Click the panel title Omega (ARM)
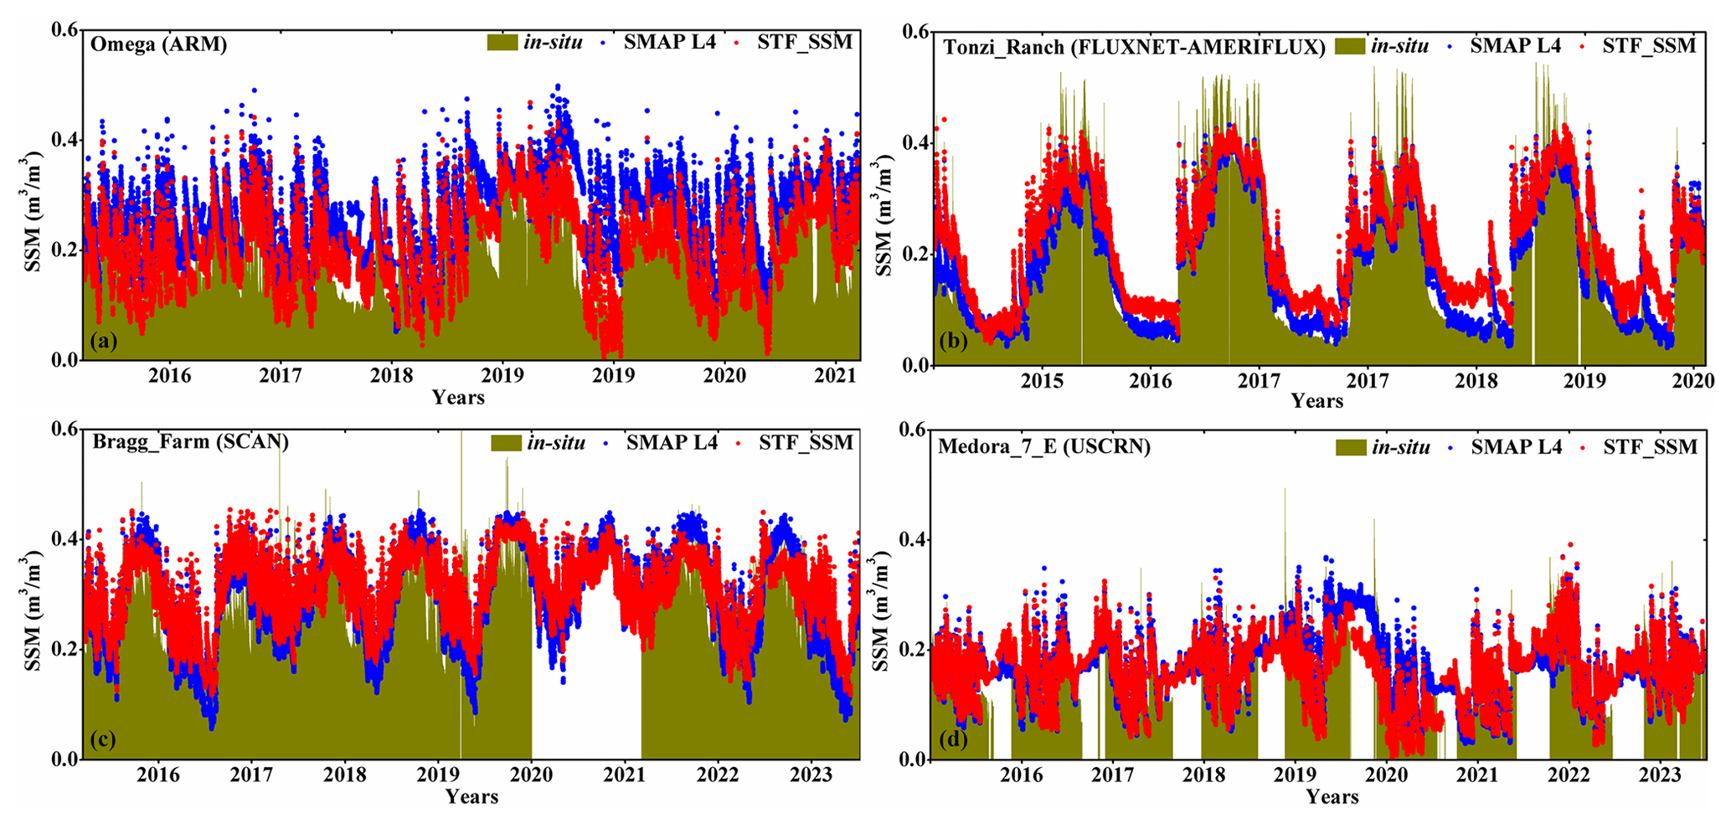pyautogui.click(x=159, y=44)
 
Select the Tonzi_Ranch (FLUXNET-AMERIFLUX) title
pyautogui.click(x=1134, y=47)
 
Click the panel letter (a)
pyautogui.click(x=104, y=341)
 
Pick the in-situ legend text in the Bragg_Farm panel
pyautogui.click(x=556, y=443)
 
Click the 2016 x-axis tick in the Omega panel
pyautogui.click(x=170, y=376)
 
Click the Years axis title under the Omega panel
pyautogui.click(x=458, y=397)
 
